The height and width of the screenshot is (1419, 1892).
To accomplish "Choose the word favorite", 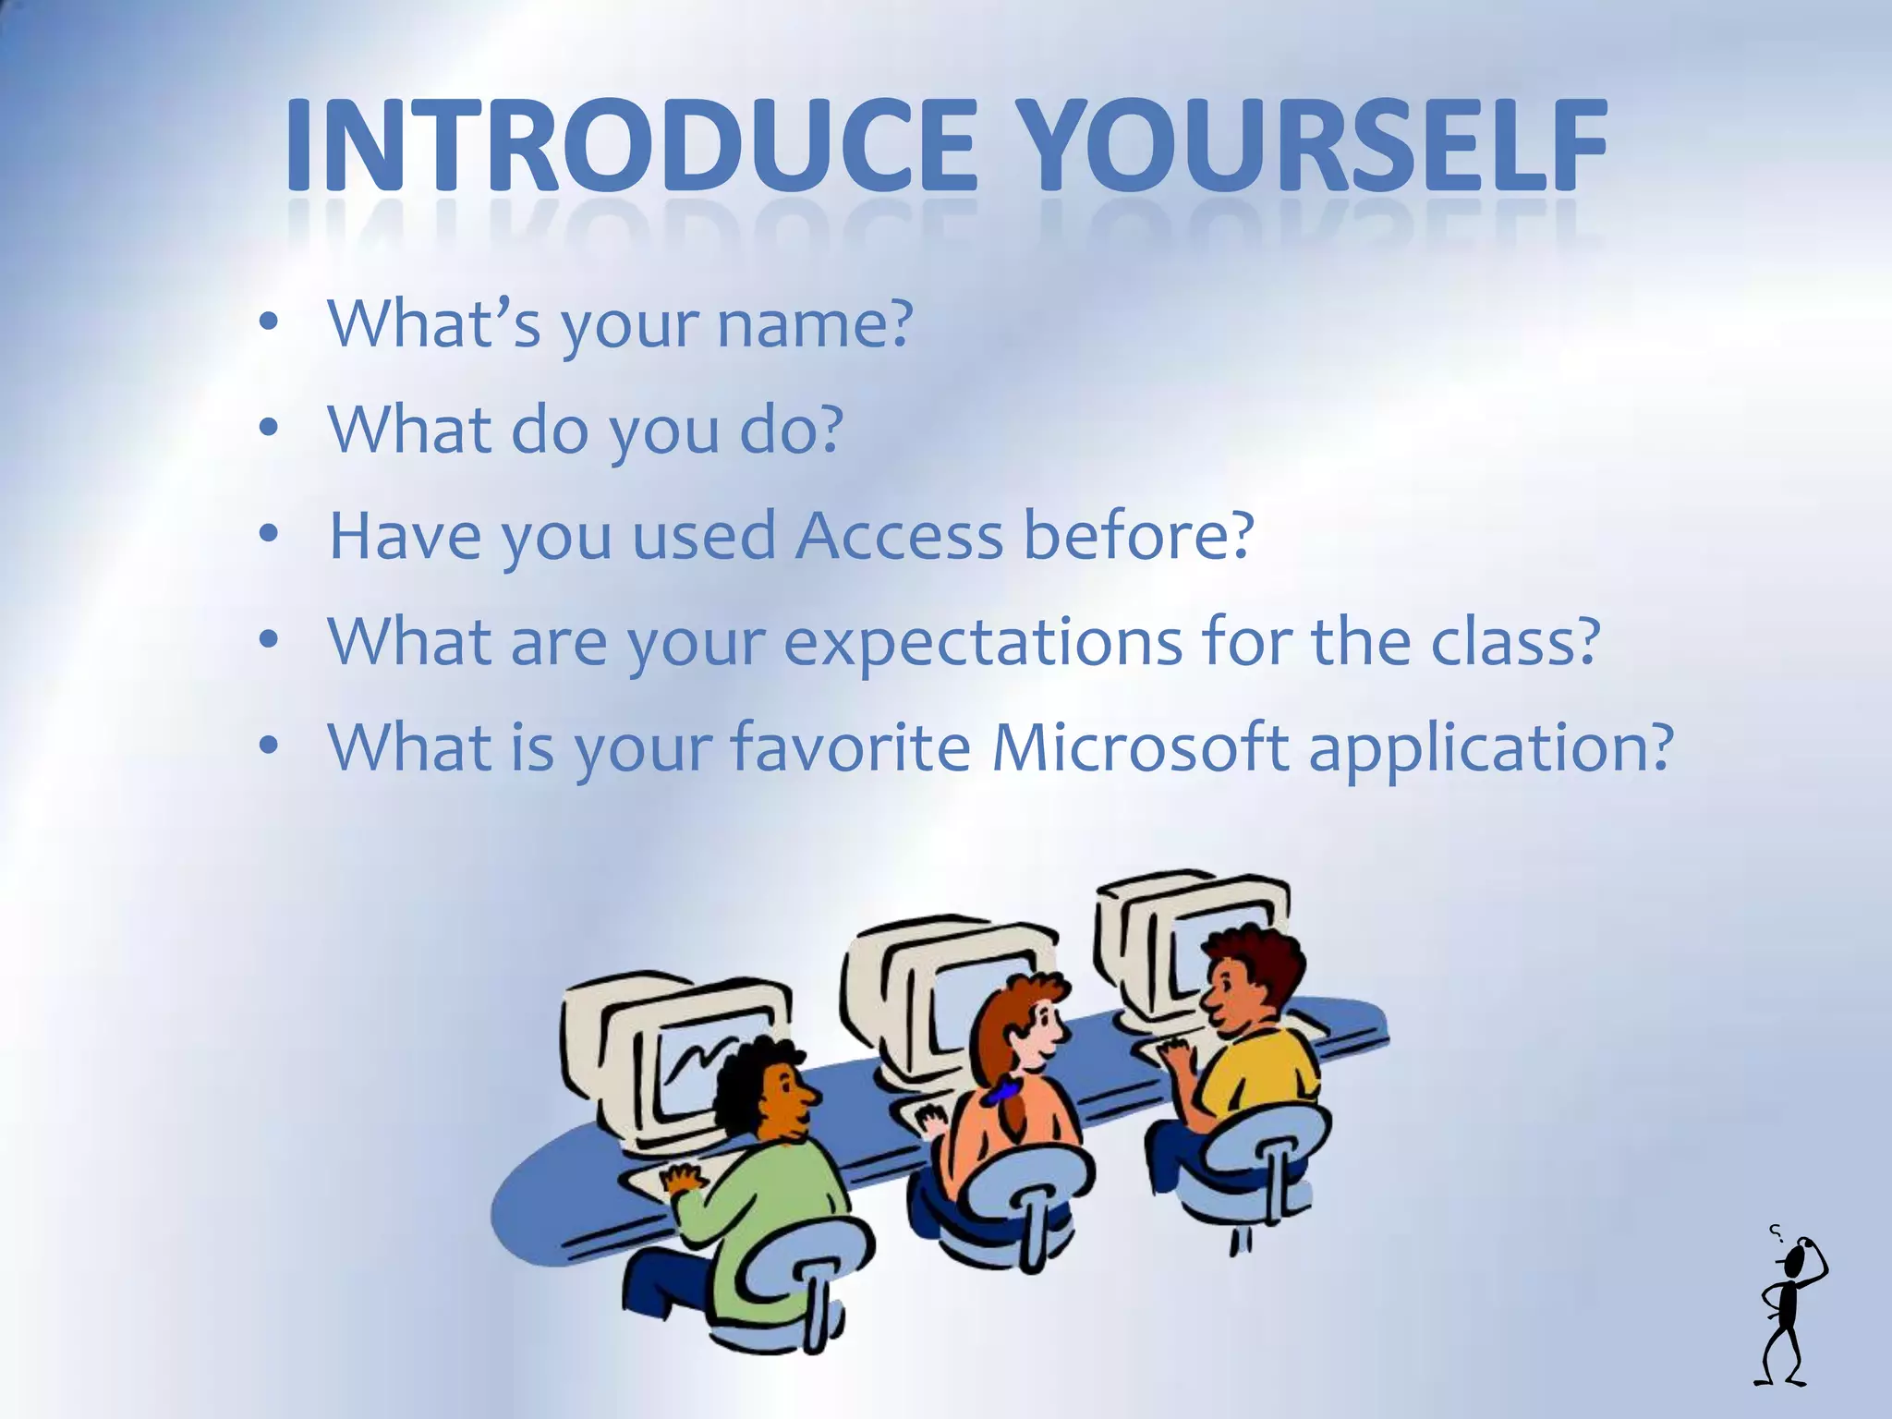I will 850,746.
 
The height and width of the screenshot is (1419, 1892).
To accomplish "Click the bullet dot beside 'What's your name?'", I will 269,322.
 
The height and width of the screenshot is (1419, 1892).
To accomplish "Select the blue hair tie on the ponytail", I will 1001,1094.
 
